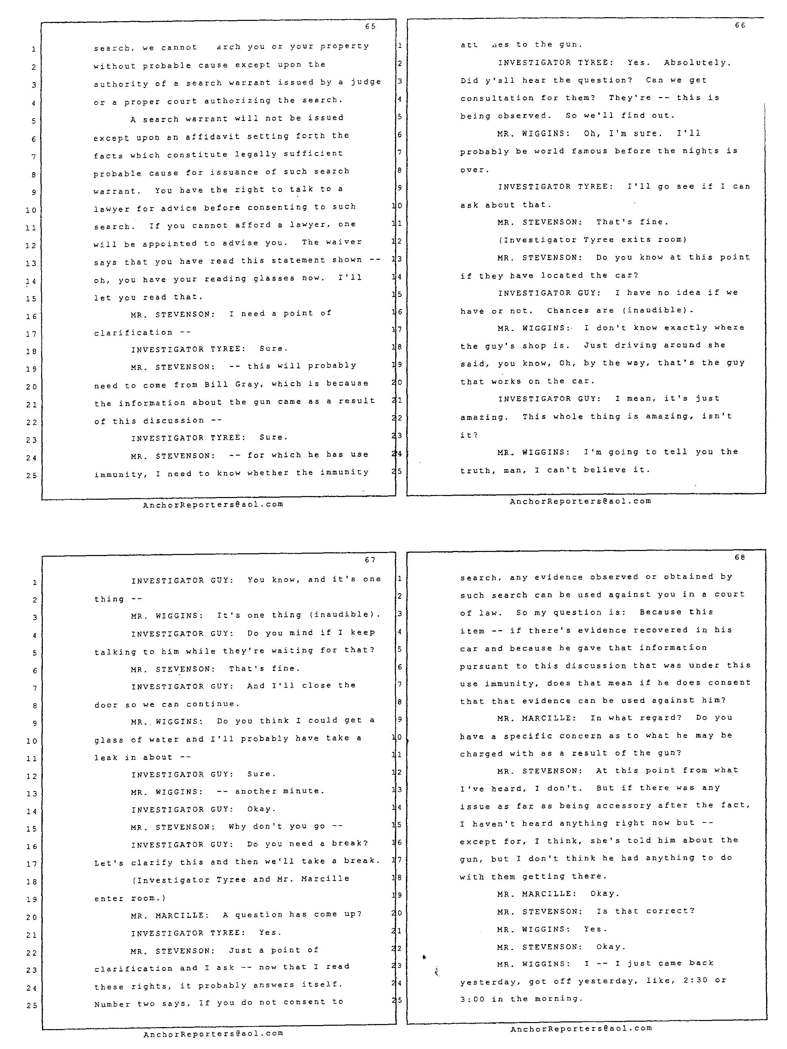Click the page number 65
pos(370,27)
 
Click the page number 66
pos(740,25)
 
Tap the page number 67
pos(370,560)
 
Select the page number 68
pos(740,557)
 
